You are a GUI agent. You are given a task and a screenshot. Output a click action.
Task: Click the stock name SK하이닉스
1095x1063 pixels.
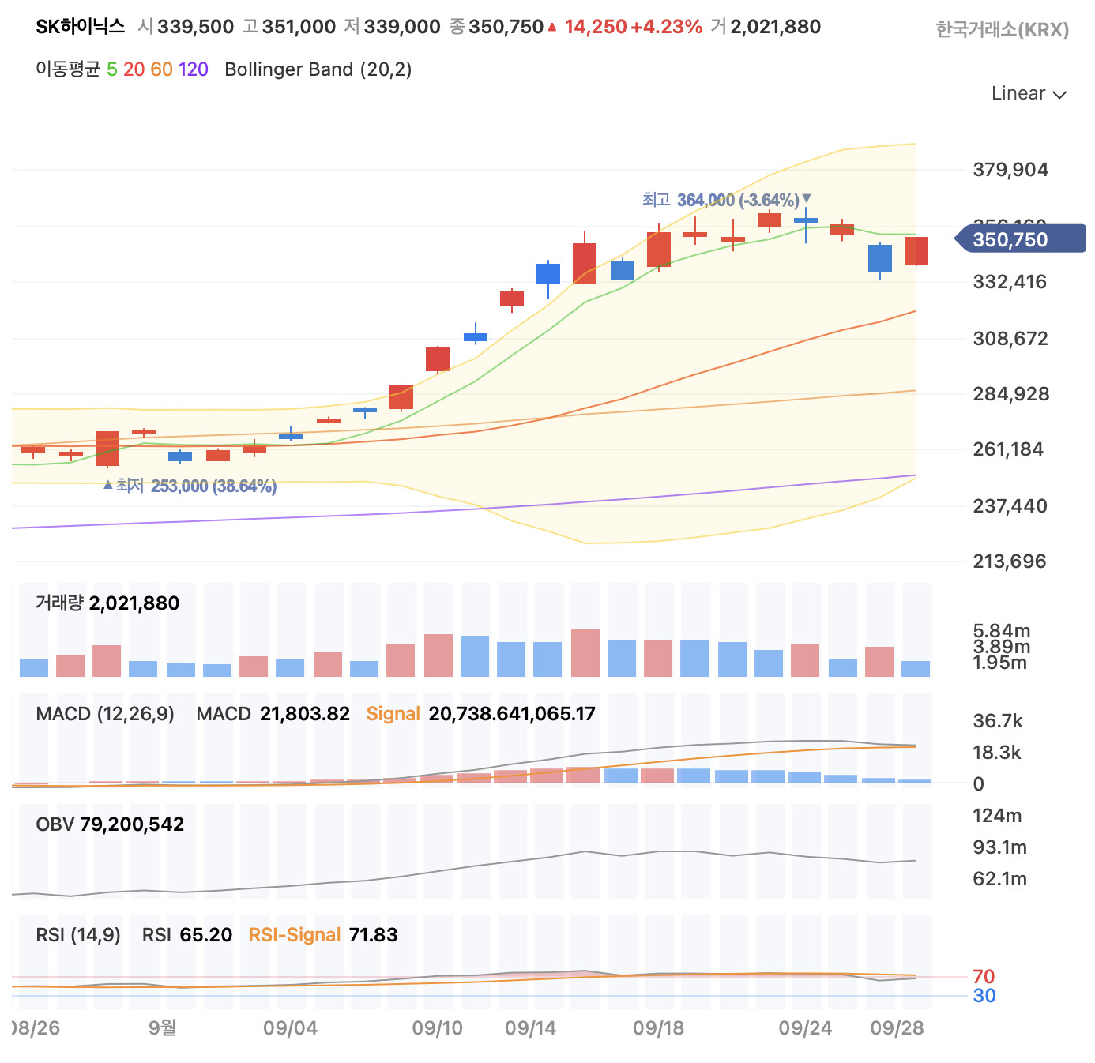(x=81, y=27)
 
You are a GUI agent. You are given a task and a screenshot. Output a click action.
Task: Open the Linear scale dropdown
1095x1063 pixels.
(x=1029, y=93)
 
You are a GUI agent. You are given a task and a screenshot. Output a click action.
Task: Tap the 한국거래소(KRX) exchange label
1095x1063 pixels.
(x=1002, y=30)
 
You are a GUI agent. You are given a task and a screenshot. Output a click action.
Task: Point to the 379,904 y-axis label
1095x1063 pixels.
(x=1010, y=170)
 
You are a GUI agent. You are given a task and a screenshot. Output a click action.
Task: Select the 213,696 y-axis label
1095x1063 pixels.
(x=1010, y=562)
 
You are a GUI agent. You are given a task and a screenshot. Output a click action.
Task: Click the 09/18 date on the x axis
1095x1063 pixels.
(x=658, y=1027)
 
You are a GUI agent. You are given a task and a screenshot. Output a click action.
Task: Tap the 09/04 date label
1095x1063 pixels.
(x=290, y=1027)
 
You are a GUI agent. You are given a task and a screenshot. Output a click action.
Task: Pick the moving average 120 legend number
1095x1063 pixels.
(x=193, y=69)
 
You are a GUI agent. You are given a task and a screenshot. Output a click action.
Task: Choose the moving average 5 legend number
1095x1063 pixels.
(x=112, y=69)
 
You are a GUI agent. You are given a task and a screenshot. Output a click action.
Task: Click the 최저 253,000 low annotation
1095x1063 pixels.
(x=193, y=486)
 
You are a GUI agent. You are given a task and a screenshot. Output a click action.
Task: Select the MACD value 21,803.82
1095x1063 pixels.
(x=304, y=714)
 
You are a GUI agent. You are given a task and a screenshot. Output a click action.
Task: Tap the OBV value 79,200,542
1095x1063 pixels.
(x=131, y=824)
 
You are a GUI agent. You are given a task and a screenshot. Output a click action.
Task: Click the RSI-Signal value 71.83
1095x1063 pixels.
(x=373, y=935)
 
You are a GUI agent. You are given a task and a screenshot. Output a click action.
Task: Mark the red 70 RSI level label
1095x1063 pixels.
(x=984, y=976)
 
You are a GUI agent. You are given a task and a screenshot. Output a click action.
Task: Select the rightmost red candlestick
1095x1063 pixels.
(x=916, y=251)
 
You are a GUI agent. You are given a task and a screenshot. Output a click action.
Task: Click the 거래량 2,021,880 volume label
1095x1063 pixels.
(x=107, y=603)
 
